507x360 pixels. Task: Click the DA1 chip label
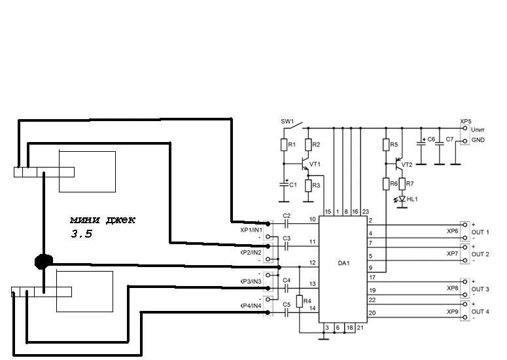pyautogui.click(x=343, y=263)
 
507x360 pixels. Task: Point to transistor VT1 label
pyautogui.click(x=315, y=164)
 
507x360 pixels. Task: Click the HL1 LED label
pyautogui.click(x=412, y=198)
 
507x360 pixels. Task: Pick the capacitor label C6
pyautogui.click(x=431, y=140)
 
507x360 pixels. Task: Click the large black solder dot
pyautogui.click(x=43, y=261)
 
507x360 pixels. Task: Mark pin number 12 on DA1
pyautogui.click(x=313, y=262)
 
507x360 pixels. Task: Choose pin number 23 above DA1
pyautogui.click(x=365, y=212)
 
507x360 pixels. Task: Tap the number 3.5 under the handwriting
pyautogui.click(x=82, y=233)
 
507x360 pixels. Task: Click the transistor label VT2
pyautogui.click(x=407, y=165)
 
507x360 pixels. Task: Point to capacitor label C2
pyautogui.click(x=287, y=215)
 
